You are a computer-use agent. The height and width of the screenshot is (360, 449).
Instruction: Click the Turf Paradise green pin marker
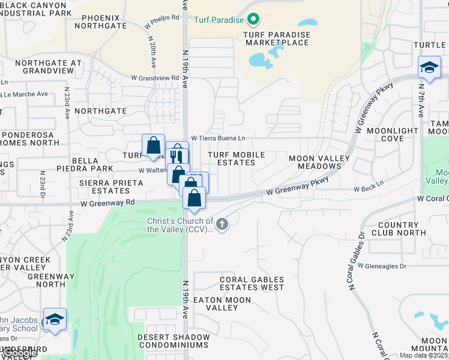[x=253, y=20]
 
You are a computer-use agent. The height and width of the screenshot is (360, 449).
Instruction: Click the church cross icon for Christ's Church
[x=222, y=225]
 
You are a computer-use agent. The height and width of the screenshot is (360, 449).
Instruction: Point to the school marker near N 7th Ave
[x=429, y=68]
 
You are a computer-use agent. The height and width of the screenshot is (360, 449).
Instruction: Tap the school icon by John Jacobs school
[x=55, y=320]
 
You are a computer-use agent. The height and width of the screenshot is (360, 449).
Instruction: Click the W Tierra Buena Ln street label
[x=218, y=138]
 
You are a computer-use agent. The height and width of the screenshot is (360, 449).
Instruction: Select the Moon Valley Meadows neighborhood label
[x=319, y=162]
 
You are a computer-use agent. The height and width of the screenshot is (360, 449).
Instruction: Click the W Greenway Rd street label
[x=108, y=203]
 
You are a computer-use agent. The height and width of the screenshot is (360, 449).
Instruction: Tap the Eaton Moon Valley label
[x=221, y=303]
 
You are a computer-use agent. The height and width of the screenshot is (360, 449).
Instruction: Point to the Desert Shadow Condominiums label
[x=173, y=341]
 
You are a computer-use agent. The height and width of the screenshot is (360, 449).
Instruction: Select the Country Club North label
[x=399, y=229]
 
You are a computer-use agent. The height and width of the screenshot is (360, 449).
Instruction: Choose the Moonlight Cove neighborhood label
[x=392, y=134]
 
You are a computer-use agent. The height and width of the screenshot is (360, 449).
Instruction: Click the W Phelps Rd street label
[x=162, y=18]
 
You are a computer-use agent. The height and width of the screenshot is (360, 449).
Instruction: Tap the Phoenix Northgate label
[x=104, y=22]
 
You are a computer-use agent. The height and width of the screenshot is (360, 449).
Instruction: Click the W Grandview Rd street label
[x=155, y=78]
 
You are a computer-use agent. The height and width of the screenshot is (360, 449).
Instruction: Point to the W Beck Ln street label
[x=369, y=188]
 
